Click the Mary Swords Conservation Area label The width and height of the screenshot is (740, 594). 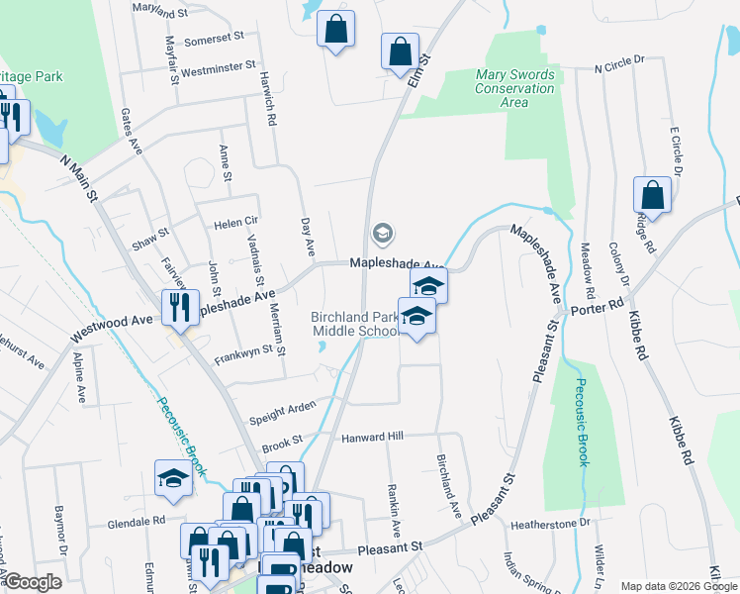[x=514, y=88]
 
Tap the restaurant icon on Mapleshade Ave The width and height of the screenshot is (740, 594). [x=180, y=307]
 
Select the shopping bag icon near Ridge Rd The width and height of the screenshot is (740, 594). [x=652, y=194]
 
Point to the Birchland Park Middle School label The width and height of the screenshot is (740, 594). [x=355, y=325]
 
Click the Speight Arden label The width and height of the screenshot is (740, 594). [x=283, y=410]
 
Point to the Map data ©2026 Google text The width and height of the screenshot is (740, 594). [x=678, y=586]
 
